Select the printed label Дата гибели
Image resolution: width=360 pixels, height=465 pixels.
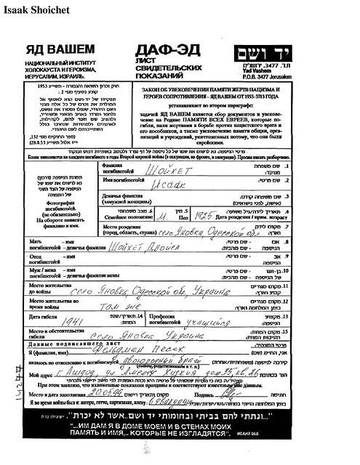click(45, 316)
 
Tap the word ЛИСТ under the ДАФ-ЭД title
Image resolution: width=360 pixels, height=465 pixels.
click(147, 62)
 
